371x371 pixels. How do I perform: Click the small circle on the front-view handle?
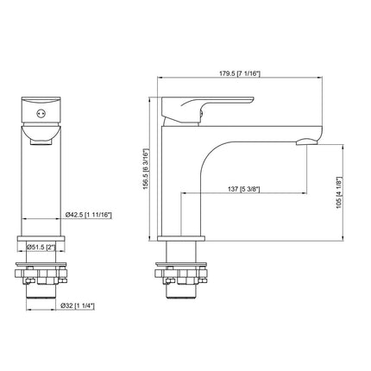[37, 114]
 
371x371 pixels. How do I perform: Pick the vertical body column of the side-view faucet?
[182, 190]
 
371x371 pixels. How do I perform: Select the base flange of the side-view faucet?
[182, 238]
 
